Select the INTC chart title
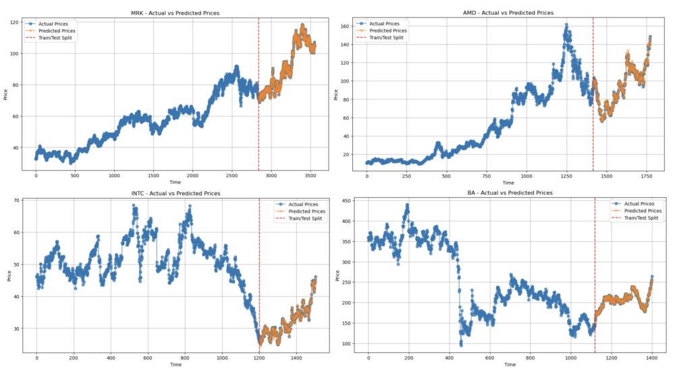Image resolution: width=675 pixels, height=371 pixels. pyautogui.click(x=175, y=193)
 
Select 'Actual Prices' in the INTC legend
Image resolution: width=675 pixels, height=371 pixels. pyautogui.click(x=301, y=203)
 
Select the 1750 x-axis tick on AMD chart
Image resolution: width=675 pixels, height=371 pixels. pyautogui.click(x=646, y=176)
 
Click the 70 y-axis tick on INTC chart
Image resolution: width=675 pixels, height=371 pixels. pyautogui.click(x=15, y=201)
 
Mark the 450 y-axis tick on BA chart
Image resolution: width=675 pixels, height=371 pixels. pyautogui.click(x=347, y=201)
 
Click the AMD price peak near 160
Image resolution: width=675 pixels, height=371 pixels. pyautogui.click(x=566, y=26)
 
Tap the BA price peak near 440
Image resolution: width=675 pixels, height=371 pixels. pyautogui.click(x=407, y=205)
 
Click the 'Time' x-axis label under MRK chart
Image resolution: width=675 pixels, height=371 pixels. pyautogui.click(x=175, y=183)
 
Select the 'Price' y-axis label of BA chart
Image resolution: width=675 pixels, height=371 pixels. pyautogui.click(x=337, y=275)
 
